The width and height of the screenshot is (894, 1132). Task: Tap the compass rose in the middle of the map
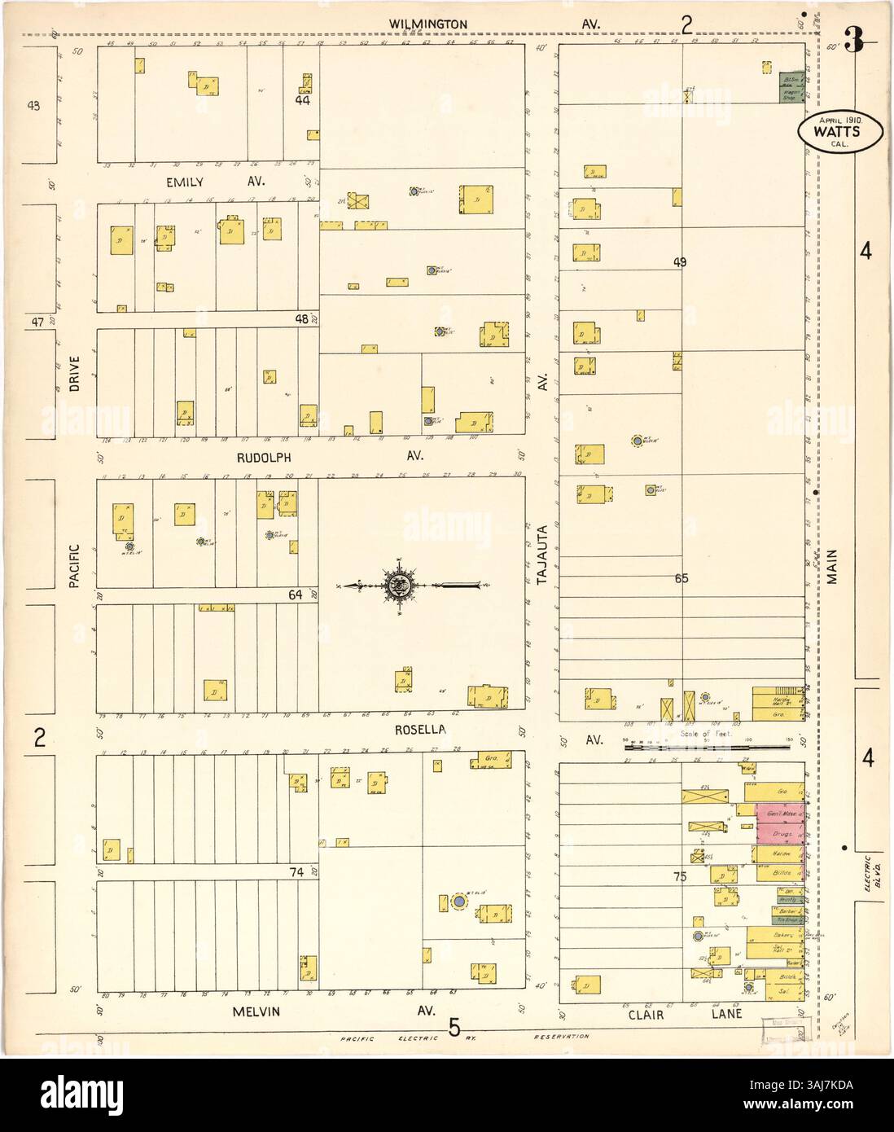pos(400,584)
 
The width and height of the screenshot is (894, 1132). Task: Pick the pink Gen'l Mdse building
pos(779,814)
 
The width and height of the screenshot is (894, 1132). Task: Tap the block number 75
pos(680,877)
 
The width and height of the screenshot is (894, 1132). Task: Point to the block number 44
pos(302,101)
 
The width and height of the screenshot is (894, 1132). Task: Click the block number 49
pos(681,262)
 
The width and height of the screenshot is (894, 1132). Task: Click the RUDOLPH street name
pos(263,458)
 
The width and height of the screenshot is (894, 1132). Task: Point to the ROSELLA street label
pos(420,731)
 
